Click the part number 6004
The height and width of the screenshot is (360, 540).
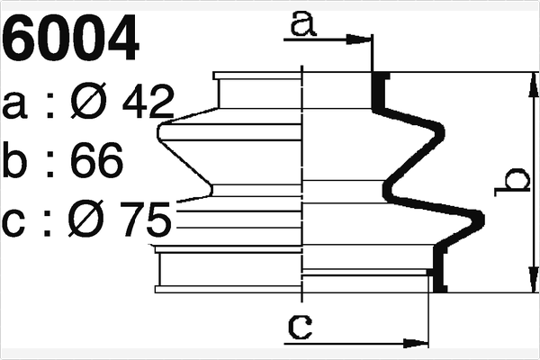72,40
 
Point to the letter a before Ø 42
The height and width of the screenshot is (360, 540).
16,106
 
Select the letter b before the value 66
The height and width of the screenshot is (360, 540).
17,162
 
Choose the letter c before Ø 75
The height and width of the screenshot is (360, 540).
16,221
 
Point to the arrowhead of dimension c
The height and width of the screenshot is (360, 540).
418,343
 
